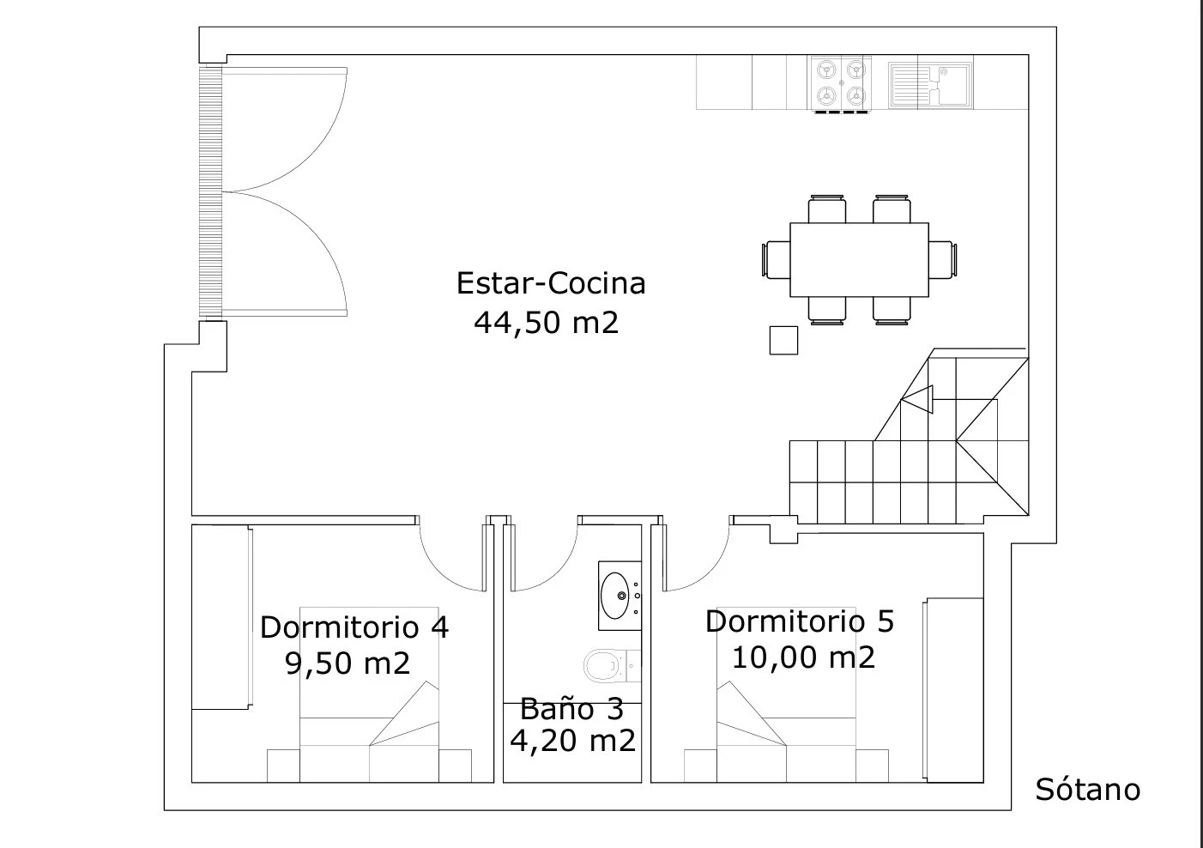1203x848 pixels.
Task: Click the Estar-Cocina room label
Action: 551,283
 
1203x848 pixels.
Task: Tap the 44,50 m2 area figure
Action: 547,323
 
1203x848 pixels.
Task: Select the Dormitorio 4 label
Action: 354,627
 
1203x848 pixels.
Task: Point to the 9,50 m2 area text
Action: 348,663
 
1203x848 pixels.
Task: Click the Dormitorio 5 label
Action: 800,621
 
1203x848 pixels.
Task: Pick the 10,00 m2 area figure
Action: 803,657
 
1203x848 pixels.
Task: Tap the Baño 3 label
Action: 572,708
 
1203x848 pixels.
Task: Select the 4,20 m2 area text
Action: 572,741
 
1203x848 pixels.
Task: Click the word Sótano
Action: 1087,790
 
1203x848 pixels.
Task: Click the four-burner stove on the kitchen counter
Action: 841,84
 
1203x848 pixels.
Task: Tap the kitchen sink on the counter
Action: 930,85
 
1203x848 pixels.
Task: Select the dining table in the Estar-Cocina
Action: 859,260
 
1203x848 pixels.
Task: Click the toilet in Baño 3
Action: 612,666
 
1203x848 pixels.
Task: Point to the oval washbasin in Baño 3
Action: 615,596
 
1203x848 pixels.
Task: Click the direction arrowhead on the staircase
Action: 917,400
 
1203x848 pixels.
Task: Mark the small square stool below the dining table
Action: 783,341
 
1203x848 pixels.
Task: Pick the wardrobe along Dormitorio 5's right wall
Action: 953,690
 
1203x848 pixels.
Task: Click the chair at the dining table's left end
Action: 776,260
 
